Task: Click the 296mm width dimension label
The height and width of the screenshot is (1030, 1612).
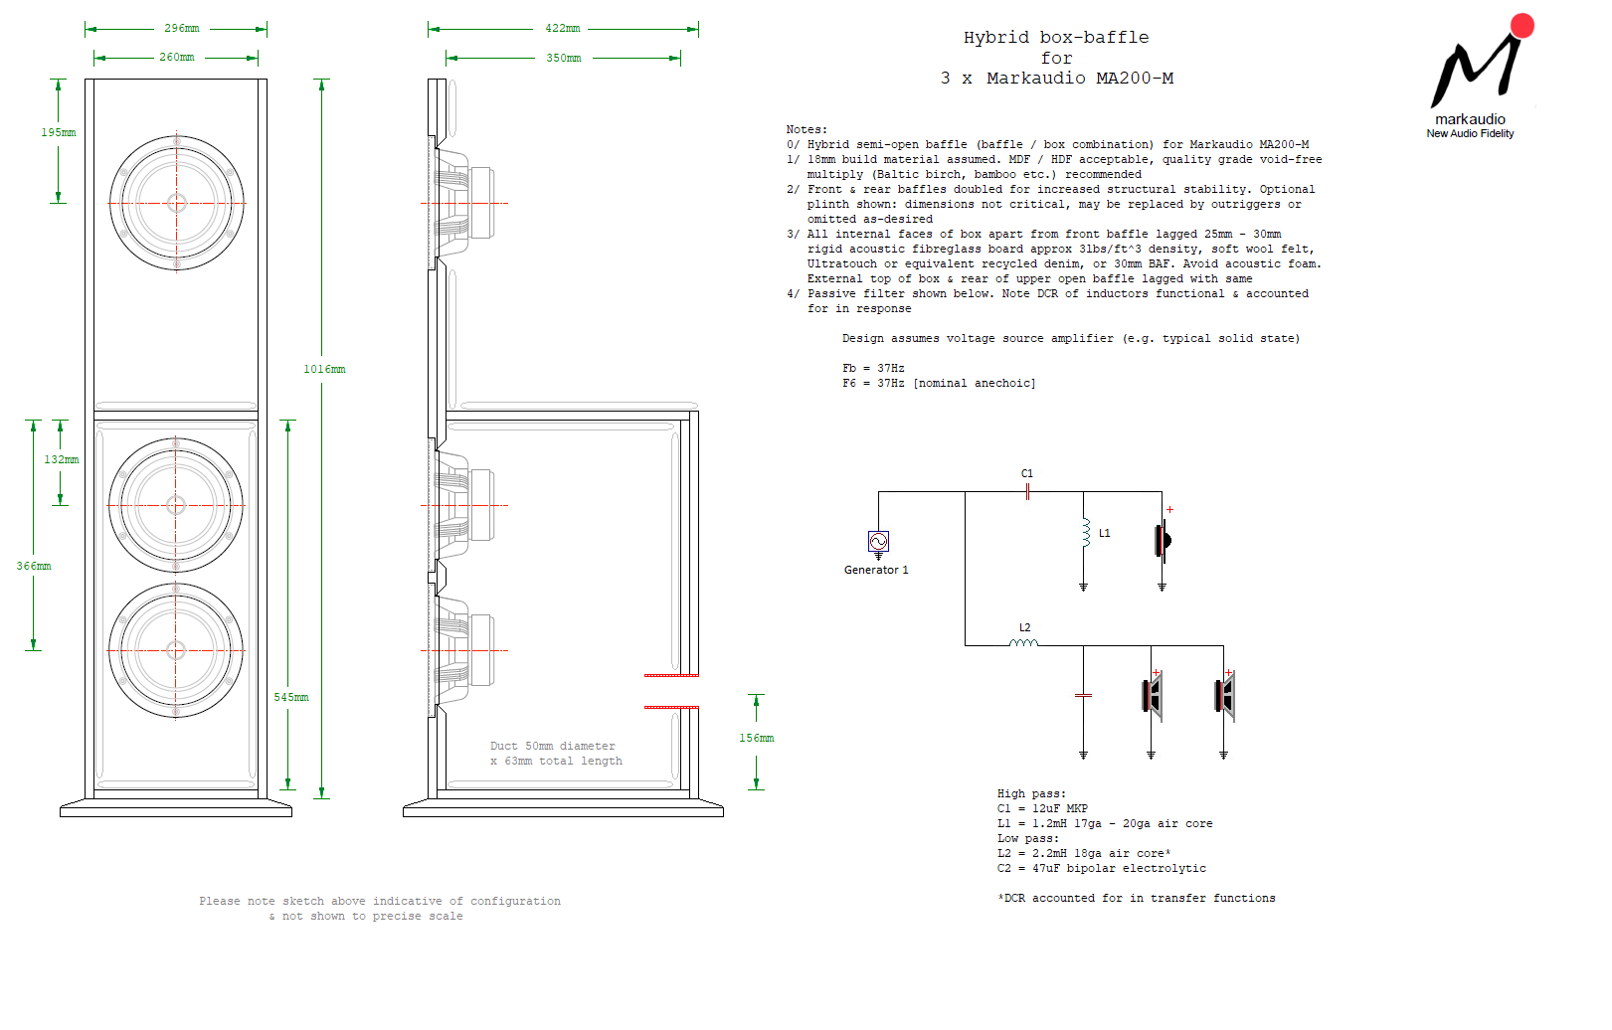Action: point(181,28)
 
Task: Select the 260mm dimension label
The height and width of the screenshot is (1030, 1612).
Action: point(177,57)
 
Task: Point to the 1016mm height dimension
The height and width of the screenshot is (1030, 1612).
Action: point(324,369)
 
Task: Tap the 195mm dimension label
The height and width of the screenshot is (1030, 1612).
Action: point(59,132)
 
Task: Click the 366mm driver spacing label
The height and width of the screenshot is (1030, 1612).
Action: point(34,566)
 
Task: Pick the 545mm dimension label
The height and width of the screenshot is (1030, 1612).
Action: point(291,697)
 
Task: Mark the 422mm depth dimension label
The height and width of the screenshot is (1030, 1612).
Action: point(563,28)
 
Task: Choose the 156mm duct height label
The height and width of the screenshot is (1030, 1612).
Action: point(757,738)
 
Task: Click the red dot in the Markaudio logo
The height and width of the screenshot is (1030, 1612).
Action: point(1522,25)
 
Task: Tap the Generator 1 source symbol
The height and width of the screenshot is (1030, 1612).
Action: point(878,541)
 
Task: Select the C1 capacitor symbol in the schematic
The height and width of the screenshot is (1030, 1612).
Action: point(1027,492)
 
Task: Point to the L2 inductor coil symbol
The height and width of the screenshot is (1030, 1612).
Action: point(1023,643)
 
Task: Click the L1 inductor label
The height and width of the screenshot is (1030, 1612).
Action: point(1105,533)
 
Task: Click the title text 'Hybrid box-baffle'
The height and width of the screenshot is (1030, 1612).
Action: point(1056,38)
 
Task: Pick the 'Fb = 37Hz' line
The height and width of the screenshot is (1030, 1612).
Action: point(874,368)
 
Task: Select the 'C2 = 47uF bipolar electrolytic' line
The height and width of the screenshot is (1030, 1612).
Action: point(1102,868)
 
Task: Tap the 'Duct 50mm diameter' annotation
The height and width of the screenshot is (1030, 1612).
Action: point(553,746)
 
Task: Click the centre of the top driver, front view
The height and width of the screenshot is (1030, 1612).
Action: point(176,204)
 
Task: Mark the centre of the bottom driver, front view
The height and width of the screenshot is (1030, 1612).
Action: point(176,650)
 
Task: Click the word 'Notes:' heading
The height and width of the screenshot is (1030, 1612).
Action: point(806,129)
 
